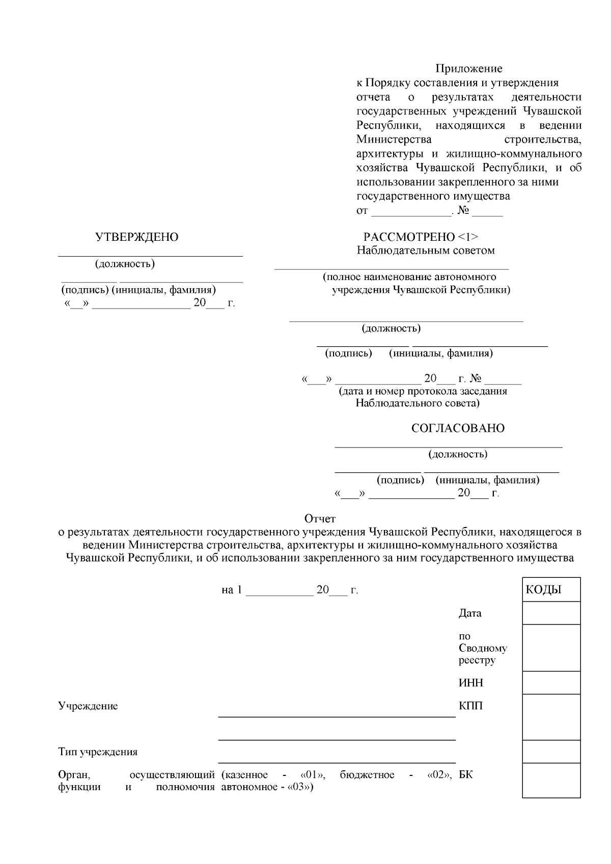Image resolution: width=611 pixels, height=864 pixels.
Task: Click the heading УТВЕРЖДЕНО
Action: coord(136,237)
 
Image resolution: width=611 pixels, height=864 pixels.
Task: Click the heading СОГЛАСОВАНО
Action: coord(458,428)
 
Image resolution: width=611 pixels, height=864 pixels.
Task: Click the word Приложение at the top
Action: coord(468,69)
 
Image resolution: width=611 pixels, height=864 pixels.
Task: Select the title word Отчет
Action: coord(320,519)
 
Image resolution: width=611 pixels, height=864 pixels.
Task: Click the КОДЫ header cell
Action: coord(551,590)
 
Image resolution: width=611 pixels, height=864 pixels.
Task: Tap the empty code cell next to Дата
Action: coord(551,613)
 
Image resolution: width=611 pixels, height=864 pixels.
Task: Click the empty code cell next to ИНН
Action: coord(551,683)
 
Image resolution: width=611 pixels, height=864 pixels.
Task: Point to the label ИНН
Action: coord(470,683)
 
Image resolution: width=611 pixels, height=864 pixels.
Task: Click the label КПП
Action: coord(470,706)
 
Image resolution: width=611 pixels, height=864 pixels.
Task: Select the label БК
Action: coord(465,775)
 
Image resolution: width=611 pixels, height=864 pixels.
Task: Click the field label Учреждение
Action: coord(88,706)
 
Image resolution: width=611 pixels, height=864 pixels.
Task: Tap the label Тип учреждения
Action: coord(98,752)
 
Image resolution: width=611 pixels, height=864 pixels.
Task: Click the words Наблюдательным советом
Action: coord(426,250)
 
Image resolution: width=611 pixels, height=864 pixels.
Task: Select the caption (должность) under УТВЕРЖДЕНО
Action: coord(125,264)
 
